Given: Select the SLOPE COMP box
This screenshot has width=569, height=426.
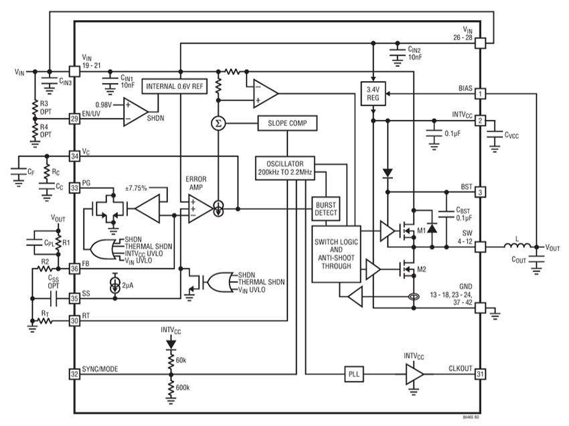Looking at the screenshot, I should point(286,123).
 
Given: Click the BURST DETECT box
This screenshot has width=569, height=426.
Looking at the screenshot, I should point(327,208).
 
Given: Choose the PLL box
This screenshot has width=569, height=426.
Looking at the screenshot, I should point(353,374).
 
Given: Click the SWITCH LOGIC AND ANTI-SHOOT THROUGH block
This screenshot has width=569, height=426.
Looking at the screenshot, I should point(336,253).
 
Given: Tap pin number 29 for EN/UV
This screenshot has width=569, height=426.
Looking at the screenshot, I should point(74,118).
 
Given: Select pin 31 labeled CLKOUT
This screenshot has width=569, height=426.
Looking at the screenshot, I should point(480,374).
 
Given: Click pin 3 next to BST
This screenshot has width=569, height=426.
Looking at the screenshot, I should point(480,192).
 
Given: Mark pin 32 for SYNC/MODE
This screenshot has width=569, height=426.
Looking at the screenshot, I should point(74,374).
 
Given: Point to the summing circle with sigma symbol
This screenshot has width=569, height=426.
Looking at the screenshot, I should point(218,123).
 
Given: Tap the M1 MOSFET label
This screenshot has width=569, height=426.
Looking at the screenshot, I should point(420,230).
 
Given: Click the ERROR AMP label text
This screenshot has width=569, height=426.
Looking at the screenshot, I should point(197,184).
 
